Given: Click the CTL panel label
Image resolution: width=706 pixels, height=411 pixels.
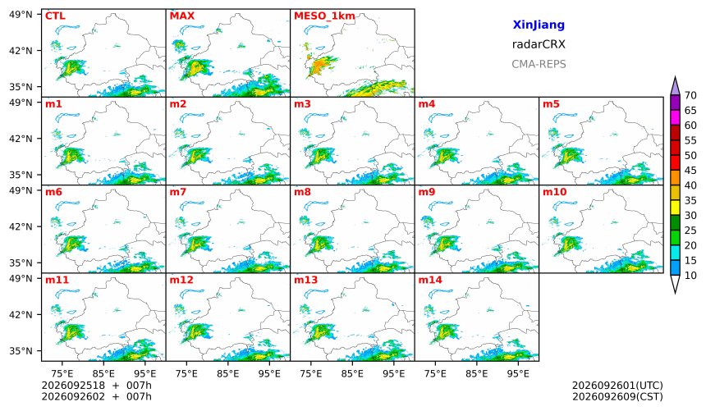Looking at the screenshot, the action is tap(55, 16).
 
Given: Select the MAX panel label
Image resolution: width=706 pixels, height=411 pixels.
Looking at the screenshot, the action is tap(182, 16).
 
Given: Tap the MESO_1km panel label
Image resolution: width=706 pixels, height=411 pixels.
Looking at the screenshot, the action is tap(324, 16).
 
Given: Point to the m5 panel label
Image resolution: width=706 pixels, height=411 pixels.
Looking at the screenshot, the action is tap(551, 104).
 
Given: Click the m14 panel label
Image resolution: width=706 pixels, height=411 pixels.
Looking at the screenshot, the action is tap(430, 280).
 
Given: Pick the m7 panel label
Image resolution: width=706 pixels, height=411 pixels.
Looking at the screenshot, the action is tap(178, 192).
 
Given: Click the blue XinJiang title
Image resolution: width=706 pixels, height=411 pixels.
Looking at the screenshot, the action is tap(539, 25).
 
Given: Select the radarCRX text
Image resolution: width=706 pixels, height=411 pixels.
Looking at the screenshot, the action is tap(539, 44).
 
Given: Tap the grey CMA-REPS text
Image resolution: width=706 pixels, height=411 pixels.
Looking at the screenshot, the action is tap(539, 64).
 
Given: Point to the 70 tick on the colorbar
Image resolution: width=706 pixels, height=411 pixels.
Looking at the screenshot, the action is tap(690, 95).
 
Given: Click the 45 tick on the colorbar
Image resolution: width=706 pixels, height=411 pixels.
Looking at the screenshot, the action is tap(690, 170).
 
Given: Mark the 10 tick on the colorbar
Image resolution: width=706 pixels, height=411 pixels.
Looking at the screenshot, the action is tap(690, 276).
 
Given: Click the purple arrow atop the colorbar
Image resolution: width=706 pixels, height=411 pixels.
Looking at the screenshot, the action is tap(675, 86).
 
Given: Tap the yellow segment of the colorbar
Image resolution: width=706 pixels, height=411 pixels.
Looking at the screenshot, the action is tap(675, 208).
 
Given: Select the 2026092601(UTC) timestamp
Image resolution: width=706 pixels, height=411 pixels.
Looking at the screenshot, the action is tap(617, 386).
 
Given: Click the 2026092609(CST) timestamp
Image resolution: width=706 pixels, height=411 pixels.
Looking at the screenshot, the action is tap(617, 396).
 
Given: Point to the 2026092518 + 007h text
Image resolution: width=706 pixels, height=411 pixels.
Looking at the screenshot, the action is tap(96, 386).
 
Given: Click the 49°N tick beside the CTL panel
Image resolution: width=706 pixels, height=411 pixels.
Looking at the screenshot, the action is tap(21, 15).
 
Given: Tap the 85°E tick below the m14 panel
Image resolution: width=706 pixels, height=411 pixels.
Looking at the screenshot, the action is tap(476, 373).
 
